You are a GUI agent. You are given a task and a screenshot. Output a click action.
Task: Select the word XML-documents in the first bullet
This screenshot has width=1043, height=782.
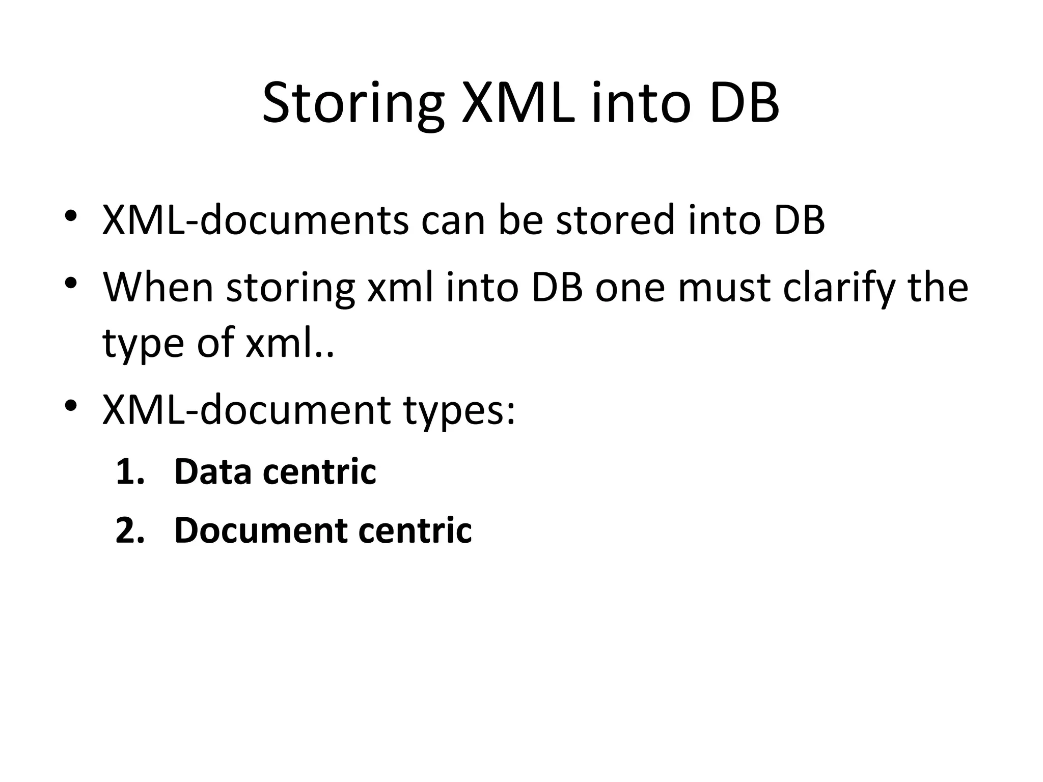pos(255,220)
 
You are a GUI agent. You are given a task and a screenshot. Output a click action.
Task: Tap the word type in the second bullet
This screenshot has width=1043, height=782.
pos(143,344)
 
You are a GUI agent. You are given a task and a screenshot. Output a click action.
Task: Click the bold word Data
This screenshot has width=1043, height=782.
pos(213,471)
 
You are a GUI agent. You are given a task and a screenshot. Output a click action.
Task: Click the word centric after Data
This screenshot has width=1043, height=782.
pos(319,471)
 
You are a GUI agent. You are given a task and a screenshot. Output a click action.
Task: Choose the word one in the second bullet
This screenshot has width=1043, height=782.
pos(630,288)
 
